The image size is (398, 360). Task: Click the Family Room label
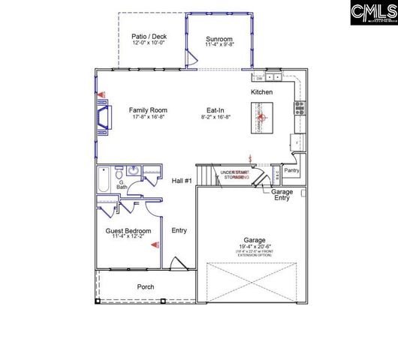coord(147,109)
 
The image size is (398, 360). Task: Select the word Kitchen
coord(262,91)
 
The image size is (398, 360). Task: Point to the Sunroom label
coord(220,39)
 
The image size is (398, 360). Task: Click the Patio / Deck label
coord(148,35)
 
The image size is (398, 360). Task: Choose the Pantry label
coord(292,170)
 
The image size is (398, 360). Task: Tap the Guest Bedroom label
coord(131,230)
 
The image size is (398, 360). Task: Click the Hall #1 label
coord(182,181)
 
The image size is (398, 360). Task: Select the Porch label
coord(146,287)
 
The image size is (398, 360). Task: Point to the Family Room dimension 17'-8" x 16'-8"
coord(147,117)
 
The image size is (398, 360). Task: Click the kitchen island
coord(262,117)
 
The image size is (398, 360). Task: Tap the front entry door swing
coord(179,263)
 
